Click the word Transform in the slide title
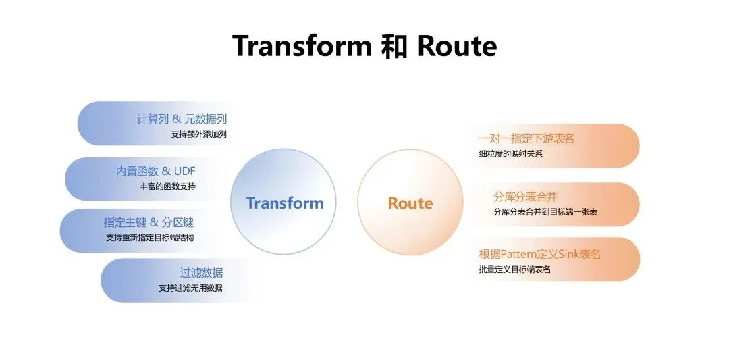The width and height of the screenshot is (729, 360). (x=302, y=46)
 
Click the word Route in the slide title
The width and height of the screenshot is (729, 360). (x=457, y=46)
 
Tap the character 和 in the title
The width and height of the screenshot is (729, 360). (x=394, y=47)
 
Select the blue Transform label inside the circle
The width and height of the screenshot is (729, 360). (x=285, y=203)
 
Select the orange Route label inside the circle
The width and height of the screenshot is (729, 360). (x=410, y=203)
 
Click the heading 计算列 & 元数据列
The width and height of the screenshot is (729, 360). (x=182, y=119)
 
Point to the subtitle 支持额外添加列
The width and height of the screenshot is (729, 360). (x=199, y=134)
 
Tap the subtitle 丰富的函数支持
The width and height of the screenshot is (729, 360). (x=167, y=186)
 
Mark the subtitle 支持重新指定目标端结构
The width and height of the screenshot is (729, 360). (x=150, y=237)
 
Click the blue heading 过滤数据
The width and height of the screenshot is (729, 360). (x=201, y=273)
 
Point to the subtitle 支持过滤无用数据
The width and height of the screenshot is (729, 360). (x=190, y=288)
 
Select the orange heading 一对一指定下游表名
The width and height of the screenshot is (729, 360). (x=526, y=138)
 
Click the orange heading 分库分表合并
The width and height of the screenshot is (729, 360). (x=525, y=197)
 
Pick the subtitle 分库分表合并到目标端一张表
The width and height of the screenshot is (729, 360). (x=545, y=212)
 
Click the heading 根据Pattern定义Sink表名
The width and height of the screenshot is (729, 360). (x=539, y=255)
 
